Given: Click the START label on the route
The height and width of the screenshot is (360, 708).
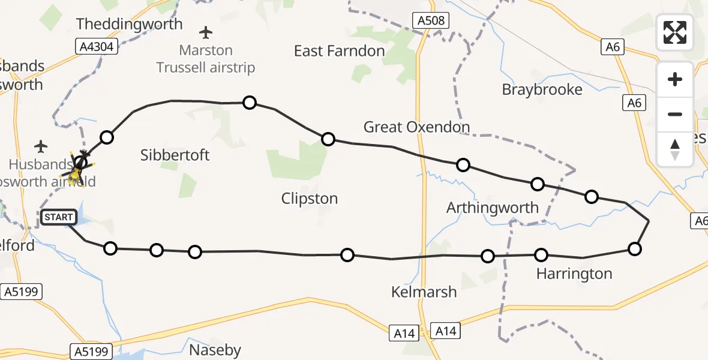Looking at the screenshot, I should point(58,217).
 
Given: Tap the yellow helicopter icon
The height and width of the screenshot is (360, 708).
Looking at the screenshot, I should point(76,173).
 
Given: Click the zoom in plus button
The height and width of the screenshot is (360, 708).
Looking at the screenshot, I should point(675,79).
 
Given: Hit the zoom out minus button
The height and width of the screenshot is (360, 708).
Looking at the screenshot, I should point(675,114).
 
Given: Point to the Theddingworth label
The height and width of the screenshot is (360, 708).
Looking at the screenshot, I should point(130,25).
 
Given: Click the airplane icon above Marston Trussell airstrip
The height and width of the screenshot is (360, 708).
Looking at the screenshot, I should point(206,32).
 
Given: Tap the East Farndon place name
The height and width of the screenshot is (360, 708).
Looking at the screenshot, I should point(339,51).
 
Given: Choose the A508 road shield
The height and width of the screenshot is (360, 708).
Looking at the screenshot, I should point(431,21).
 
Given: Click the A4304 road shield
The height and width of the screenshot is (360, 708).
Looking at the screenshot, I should point(98,46).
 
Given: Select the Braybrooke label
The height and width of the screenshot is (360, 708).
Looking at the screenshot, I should point(542,90).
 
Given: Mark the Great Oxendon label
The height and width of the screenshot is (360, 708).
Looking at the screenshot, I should point(416,127).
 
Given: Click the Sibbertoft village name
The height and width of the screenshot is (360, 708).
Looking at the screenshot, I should point(175,155).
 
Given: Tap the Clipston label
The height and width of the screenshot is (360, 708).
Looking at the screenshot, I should point(309,199).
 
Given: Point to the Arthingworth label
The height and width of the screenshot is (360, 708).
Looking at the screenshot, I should point(492,208).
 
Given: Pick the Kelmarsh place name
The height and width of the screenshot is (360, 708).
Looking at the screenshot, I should point(424,292).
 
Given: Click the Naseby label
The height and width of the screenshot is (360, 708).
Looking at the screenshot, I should point(215,350).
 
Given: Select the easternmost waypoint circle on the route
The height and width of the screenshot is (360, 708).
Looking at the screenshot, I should point(634,249).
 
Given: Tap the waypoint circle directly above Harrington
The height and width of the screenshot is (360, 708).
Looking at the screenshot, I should point(541,255).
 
